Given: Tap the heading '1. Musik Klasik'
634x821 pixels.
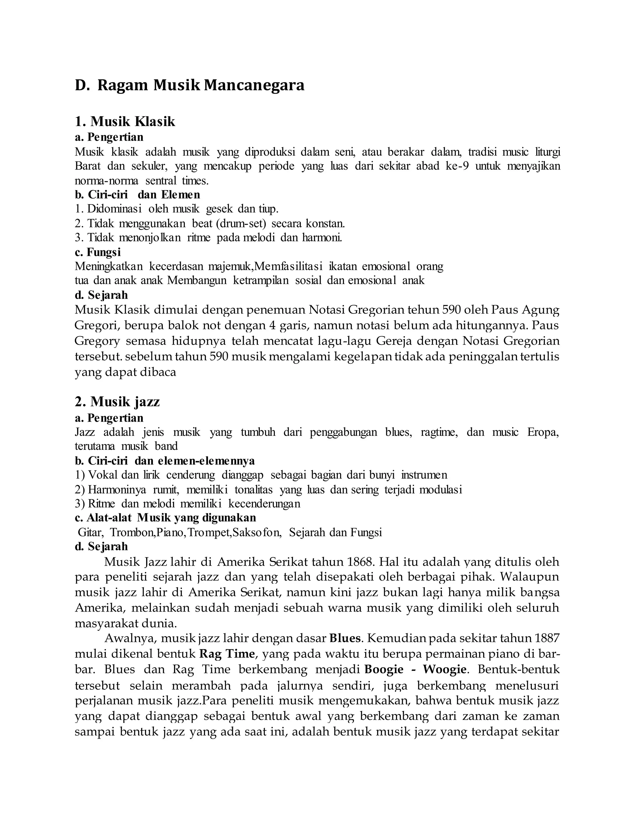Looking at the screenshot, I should point(125,121).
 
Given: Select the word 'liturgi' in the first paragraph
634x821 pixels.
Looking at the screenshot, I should point(548,152).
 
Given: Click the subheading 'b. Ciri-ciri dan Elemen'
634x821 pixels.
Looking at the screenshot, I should point(137,195).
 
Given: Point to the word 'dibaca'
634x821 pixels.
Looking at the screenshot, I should point(160,372).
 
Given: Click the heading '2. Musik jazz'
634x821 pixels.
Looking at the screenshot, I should point(117,402).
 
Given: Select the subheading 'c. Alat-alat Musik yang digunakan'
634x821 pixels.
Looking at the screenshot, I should point(165,518).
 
